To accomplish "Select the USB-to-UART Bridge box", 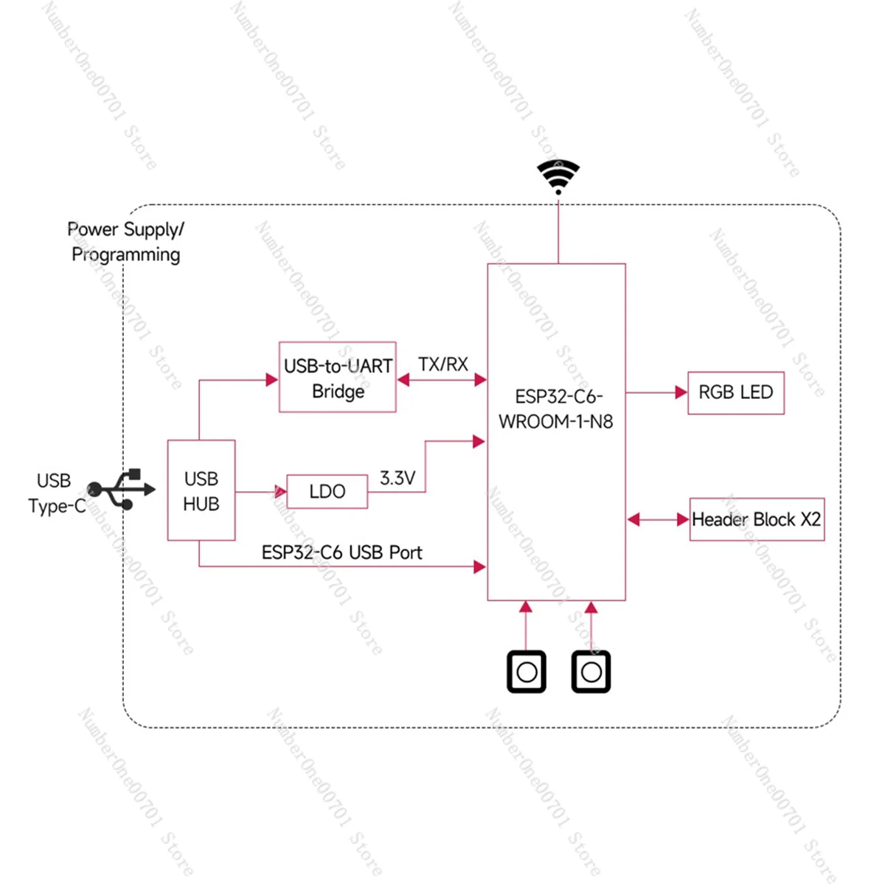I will pos(337,378).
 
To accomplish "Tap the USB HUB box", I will pos(201,490).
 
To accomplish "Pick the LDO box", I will pos(327,491).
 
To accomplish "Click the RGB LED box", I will pos(735,393).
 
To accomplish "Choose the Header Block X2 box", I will pos(757,520).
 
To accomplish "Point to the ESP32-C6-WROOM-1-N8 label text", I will pos(557,409).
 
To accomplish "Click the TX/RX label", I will pos(442,364).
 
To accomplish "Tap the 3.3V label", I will pos(398,479).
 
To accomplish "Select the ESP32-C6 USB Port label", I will pos(341,552).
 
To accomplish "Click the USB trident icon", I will pos(121,489).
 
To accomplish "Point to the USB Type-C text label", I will pos(56,493).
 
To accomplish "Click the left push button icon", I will pos(527,672).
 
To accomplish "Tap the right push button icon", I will pos(591,672).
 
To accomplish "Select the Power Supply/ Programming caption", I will pos(125,242).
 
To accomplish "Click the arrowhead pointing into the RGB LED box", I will pos(681,393).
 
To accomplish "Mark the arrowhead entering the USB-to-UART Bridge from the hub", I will pos(272,381).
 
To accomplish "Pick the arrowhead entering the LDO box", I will pos(281,492).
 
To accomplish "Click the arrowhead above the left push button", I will pos(526,608).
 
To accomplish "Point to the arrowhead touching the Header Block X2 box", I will pos(683,520).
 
